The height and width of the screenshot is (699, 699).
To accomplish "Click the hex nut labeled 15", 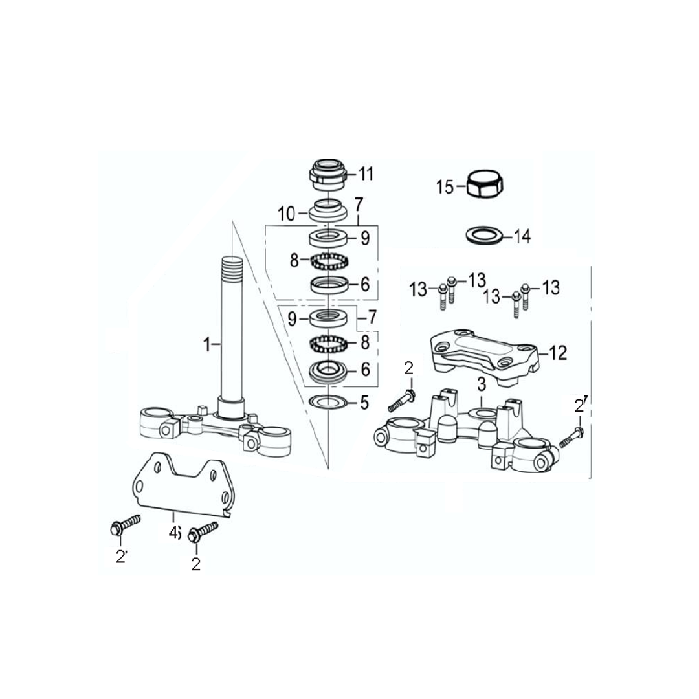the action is [485, 184].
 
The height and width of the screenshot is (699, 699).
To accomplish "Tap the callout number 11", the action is [366, 173].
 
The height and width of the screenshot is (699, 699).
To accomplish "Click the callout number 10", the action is [287, 214].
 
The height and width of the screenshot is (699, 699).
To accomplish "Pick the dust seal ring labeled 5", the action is [328, 402].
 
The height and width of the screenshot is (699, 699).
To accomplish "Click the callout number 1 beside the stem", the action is [206, 344].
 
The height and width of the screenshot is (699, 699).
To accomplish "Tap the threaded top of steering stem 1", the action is [232, 267].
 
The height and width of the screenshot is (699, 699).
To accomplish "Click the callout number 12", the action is [558, 353].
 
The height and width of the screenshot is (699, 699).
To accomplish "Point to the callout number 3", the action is [482, 384].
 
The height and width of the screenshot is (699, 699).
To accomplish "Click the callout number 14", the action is [522, 236].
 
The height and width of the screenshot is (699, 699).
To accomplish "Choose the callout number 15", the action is [445, 187].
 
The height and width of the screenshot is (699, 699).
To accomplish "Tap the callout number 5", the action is [364, 403].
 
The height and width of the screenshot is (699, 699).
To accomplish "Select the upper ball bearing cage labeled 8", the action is [329, 261].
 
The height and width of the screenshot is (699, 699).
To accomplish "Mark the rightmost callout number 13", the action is [551, 287].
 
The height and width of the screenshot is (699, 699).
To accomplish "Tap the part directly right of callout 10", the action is [328, 210].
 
